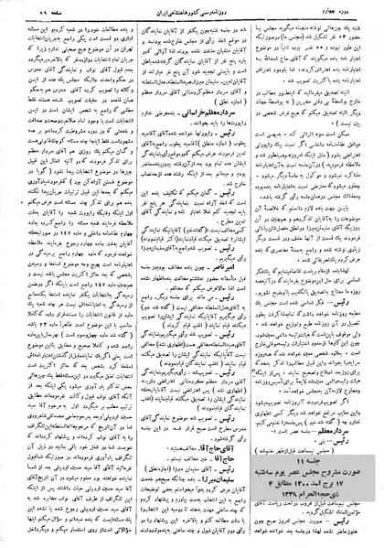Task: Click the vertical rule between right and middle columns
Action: pos(256,274)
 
